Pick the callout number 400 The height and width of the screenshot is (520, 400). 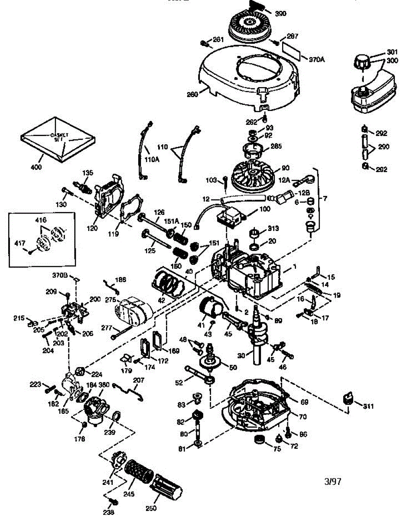pyautogui.click(x=36, y=167)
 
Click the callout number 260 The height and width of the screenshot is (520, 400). pyautogui.click(x=192, y=94)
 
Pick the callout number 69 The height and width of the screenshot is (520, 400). pyautogui.click(x=304, y=402)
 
